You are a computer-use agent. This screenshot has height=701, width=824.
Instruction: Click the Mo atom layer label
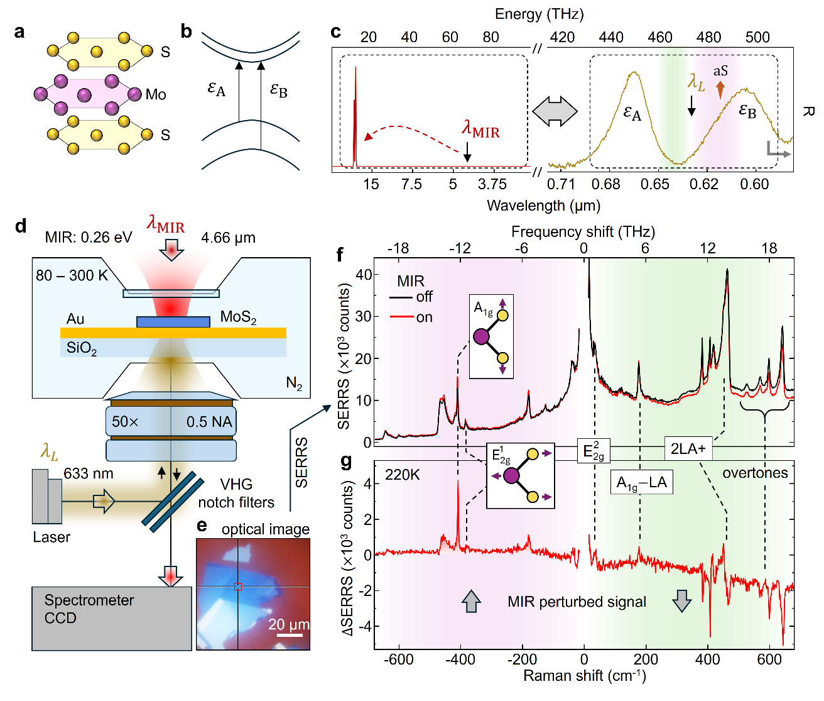[156, 94]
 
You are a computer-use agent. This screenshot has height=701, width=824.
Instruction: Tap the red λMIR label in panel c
[480, 130]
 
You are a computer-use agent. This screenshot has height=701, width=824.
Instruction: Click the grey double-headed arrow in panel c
[555, 111]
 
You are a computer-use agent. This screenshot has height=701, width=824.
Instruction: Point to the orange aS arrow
[720, 90]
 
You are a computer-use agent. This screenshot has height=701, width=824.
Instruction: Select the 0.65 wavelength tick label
[654, 184]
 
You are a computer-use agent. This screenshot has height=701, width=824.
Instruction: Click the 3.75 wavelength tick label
[492, 184]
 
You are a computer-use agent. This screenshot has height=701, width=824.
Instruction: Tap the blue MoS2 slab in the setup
[173, 322]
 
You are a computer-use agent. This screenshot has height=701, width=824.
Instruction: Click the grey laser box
[47, 496]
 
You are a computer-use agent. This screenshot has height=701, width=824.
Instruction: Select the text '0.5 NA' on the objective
[209, 422]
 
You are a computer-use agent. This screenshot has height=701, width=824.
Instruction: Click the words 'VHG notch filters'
[236, 493]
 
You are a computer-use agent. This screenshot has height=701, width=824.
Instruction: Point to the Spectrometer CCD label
[89, 609]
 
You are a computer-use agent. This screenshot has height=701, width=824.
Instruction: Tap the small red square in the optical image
[238, 587]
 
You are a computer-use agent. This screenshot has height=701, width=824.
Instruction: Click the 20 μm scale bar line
[290, 635]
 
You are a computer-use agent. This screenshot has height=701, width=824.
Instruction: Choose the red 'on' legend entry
[411, 317]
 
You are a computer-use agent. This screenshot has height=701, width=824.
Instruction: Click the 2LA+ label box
[688, 449]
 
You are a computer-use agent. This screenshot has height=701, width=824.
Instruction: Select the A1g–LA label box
[642, 483]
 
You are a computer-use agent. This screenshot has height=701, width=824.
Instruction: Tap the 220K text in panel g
[402, 475]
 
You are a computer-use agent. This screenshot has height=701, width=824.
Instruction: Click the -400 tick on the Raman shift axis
[460, 659]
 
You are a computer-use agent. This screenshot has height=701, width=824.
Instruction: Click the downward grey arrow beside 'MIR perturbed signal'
[681, 601]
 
